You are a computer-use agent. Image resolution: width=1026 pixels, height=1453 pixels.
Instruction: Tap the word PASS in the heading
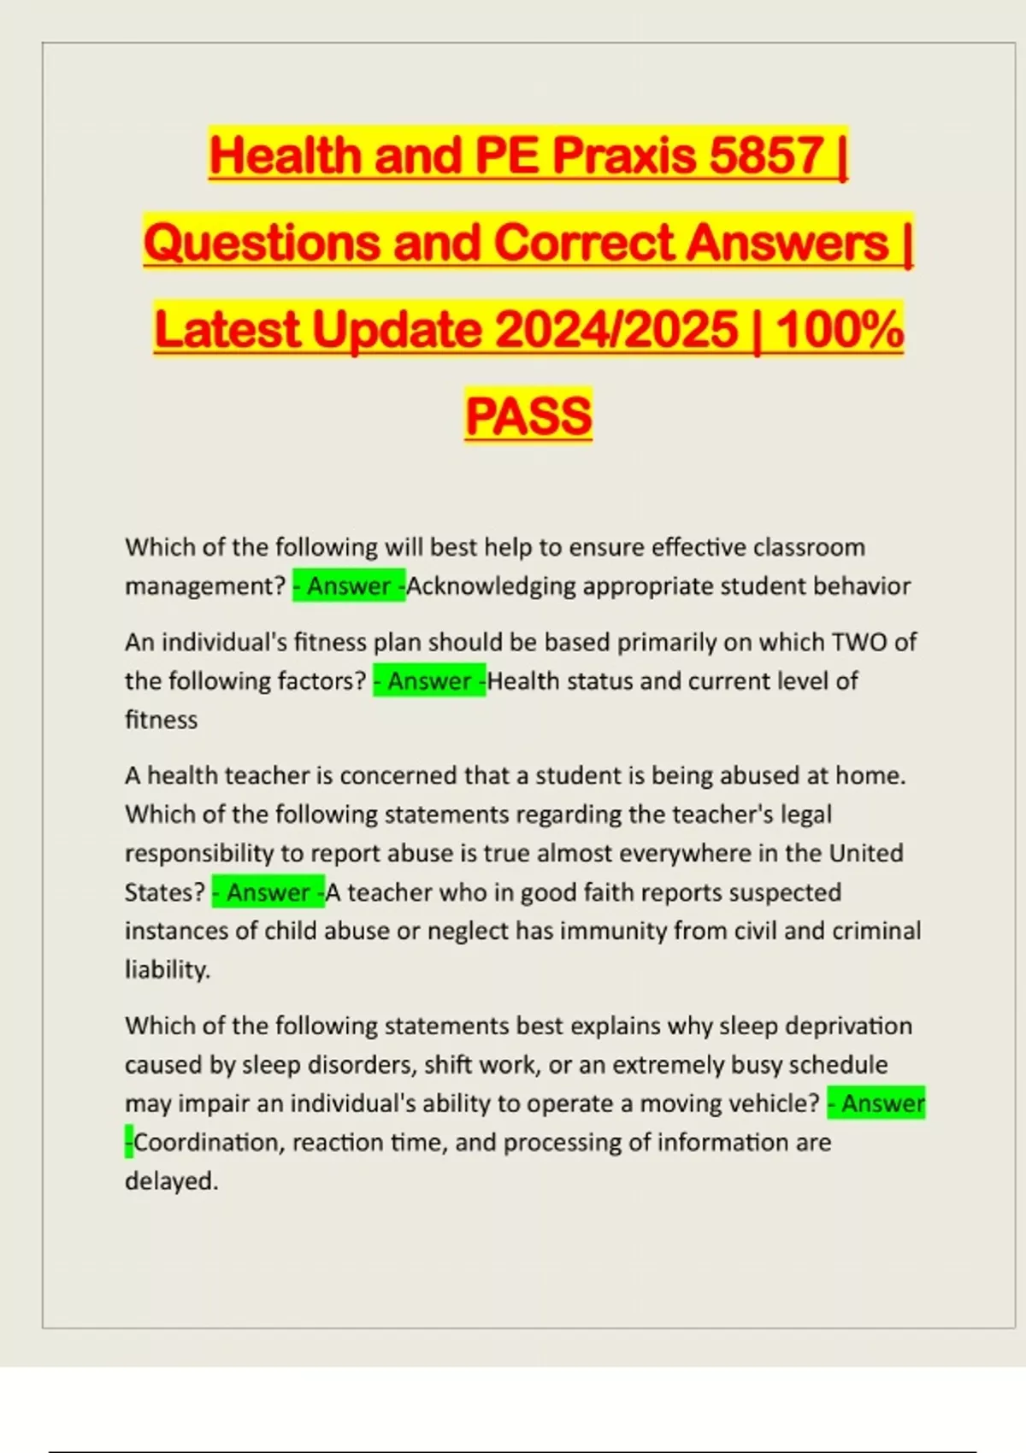528,415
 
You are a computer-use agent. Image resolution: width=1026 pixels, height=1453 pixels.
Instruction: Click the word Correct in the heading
585,242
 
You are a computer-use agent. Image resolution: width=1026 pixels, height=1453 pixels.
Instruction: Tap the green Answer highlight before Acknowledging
349,586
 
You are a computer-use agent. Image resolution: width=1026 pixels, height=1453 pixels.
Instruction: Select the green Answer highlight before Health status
429,681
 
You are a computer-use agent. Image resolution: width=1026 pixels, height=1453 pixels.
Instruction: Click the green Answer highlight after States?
268,892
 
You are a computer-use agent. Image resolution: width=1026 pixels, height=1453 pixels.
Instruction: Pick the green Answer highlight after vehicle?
876,1103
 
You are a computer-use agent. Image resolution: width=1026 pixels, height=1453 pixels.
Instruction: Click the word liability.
167,969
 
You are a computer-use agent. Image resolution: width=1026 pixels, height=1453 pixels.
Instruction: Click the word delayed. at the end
171,1181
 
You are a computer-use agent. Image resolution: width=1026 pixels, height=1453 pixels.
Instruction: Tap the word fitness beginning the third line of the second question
161,720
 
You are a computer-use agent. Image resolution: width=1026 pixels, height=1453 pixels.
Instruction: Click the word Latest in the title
227,329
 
